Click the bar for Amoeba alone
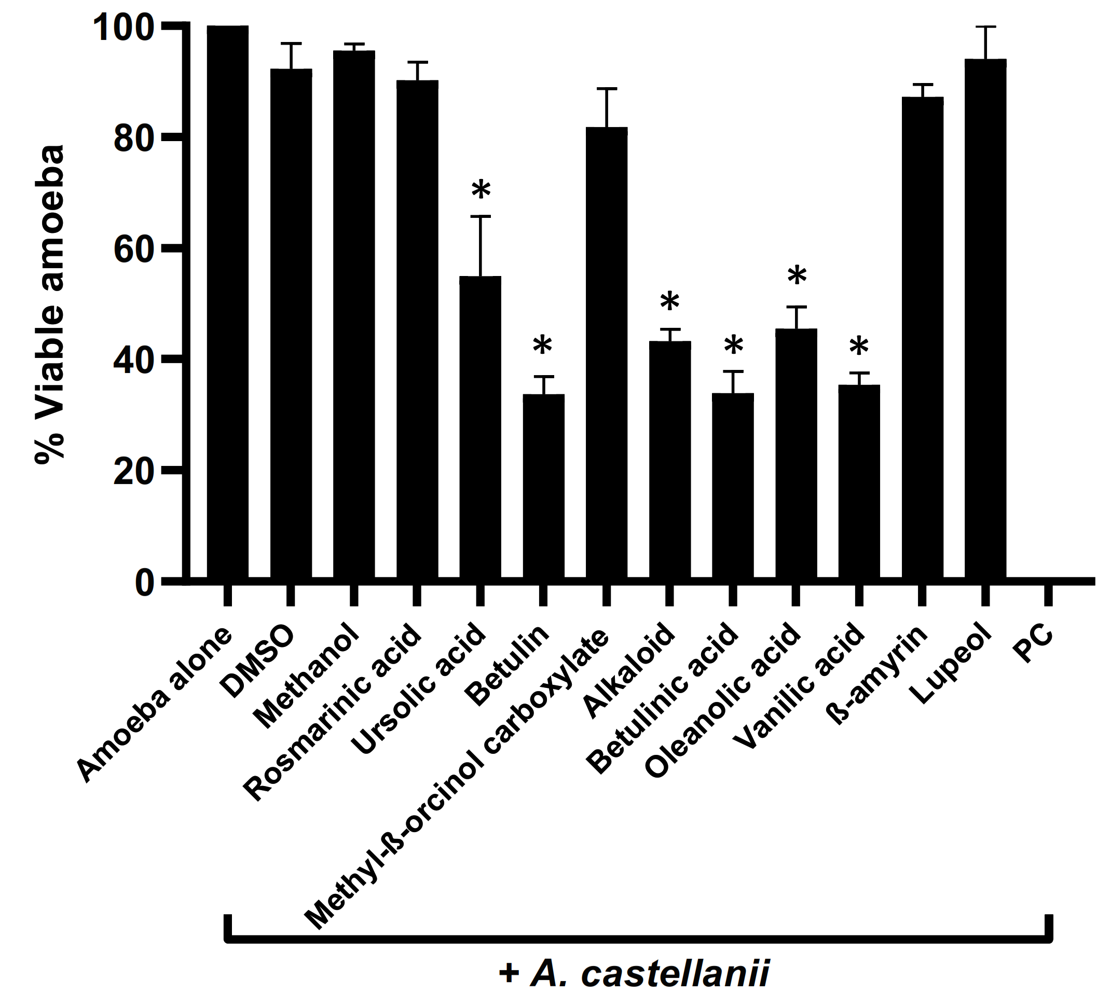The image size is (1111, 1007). (228, 303)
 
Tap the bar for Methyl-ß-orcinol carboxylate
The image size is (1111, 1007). (606, 353)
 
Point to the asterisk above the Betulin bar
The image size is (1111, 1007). (543, 346)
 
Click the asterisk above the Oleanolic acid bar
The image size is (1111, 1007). (797, 276)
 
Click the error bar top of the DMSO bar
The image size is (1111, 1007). (291, 43)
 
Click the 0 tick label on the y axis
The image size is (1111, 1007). (144, 583)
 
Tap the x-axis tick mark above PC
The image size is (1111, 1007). (1048, 595)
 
